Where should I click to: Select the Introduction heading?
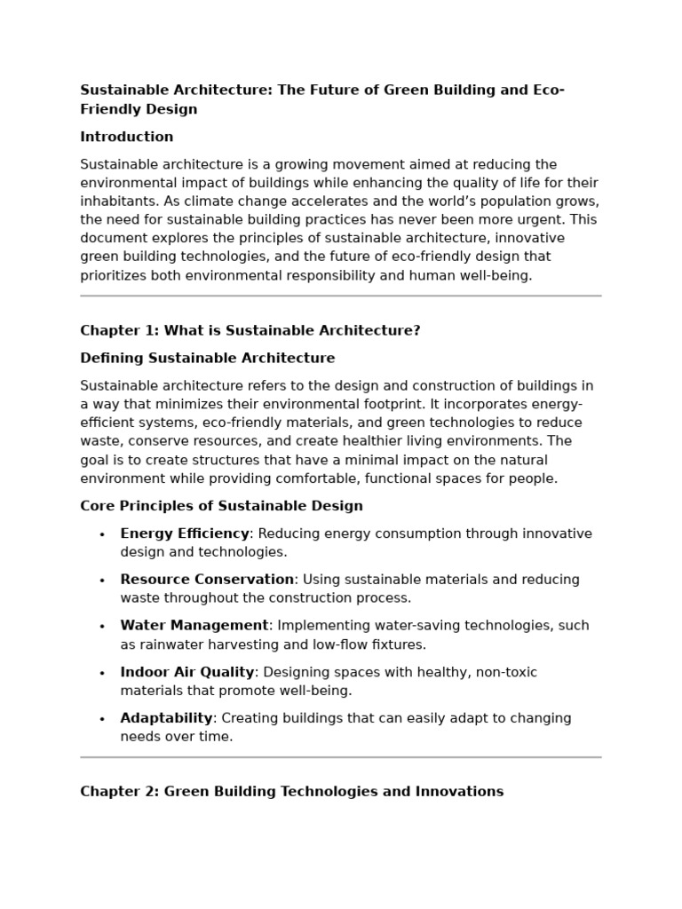click(x=127, y=137)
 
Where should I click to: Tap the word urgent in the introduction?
click(x=544, y=219)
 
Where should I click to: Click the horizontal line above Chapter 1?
click(x=341, y=296)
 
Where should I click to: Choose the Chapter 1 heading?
click(x=250, y=330)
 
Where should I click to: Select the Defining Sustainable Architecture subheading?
click(x=208, y=359)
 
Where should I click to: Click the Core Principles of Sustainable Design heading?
click(x=222, y=506)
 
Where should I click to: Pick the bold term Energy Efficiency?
click(x=185, y=534)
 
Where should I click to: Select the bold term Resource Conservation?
click(x=207, y=580)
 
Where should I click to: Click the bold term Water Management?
click(x=194, y=626)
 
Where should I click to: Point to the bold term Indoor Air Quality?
click(x=187, y=672)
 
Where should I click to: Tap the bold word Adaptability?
click(x=167, y=718)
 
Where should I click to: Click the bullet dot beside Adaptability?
click(x=102, y=719)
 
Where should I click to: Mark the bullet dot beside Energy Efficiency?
click(x=102, y=534)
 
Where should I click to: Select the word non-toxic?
click(x=507, y=672)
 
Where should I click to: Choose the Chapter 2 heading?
click(x=292, y=792)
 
